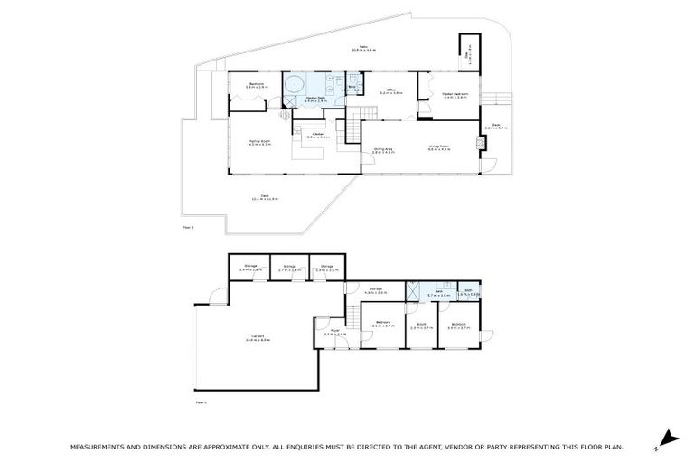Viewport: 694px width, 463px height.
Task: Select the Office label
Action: (x=392, y=91)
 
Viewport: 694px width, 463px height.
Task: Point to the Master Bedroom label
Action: (x=455, y=95)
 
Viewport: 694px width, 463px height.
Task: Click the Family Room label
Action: (x=260, y=142)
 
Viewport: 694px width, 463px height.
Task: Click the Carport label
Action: (x=257, y=339)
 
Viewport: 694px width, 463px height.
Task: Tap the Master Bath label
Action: (x=315, y=99)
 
